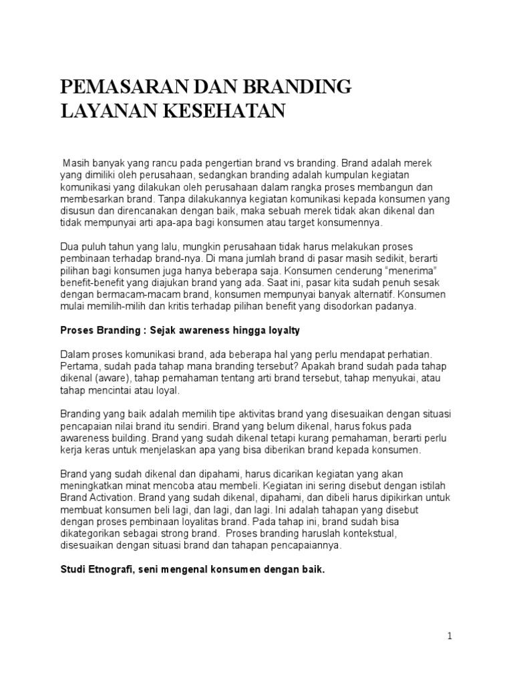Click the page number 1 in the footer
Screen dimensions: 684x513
[x=450, y=636]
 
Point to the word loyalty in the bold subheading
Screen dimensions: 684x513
[x=286, y=331]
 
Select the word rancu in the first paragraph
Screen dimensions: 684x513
[x=177, y=162]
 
